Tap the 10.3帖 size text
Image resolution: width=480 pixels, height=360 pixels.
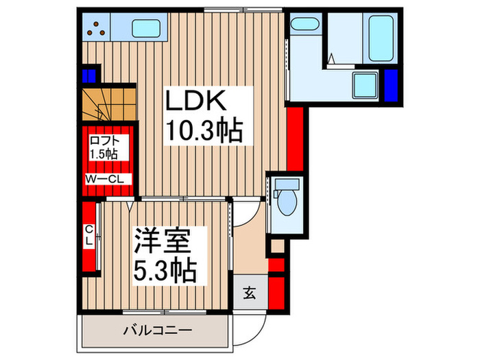[202, 131]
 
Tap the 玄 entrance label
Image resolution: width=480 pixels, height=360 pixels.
[250, 294]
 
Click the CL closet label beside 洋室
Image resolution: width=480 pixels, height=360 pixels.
[89, 237]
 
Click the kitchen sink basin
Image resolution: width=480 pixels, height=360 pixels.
[145, 28]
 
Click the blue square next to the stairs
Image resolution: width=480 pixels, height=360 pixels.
[90, 74]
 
